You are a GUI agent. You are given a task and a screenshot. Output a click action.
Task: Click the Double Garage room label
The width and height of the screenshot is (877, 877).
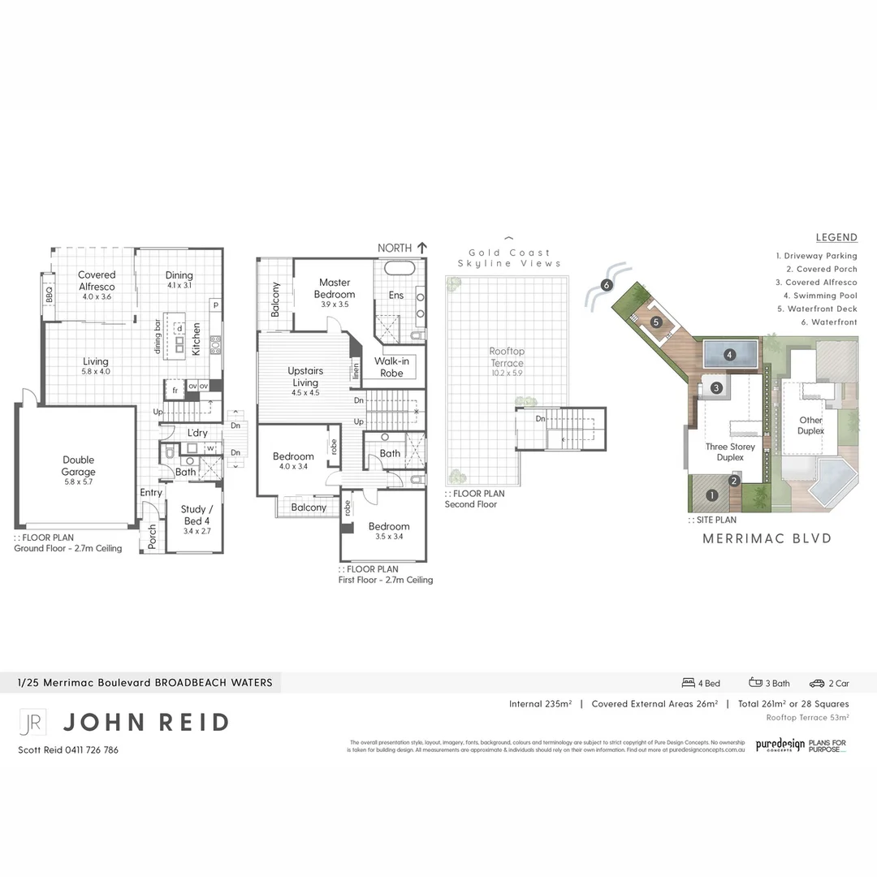coord(78,465)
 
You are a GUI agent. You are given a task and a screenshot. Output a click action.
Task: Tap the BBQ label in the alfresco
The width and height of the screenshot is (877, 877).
coord(49,294)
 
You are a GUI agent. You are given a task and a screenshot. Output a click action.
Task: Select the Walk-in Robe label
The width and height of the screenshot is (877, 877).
coord(391,367)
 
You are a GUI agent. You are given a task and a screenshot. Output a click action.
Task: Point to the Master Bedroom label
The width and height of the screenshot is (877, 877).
coord(334,288)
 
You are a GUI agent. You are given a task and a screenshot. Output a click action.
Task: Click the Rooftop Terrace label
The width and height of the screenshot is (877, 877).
coord(507,356)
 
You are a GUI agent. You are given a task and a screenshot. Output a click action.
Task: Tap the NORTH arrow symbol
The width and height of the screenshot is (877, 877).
coord(421,247)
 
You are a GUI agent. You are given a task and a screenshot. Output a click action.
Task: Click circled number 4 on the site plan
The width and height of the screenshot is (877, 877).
coord(730,354)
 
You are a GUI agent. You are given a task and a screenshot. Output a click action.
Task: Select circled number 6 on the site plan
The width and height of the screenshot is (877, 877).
coord(606,285)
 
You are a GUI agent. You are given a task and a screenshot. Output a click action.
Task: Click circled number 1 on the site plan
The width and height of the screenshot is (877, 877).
coord(712,495)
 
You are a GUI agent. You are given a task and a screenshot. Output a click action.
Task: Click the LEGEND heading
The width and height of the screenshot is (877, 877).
coord(836,237)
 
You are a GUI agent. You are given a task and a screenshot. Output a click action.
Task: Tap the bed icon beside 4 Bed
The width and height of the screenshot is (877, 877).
coord(688,683)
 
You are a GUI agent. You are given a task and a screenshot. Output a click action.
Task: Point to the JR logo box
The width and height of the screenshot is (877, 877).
coord(32,722)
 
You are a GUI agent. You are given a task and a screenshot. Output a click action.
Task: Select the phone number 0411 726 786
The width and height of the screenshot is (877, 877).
coord(89,750)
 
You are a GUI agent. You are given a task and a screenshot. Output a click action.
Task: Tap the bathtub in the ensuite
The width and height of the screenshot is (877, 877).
coord(399,269)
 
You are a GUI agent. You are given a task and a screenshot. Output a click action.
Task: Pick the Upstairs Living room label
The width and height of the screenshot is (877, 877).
coord(305,377)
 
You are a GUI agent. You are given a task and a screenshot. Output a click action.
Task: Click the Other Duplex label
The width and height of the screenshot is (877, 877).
coord(810,426)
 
